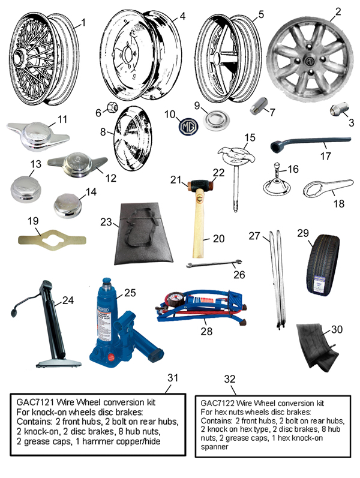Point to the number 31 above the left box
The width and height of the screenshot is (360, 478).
click(173, 378)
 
